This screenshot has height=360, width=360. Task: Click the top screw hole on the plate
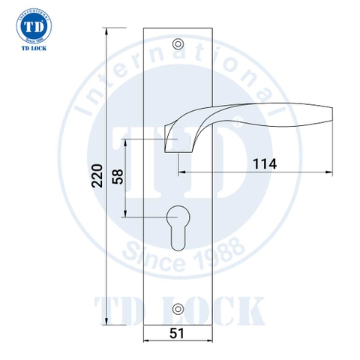[x=178, y=44]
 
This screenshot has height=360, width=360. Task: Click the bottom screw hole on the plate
[x=178, y=308]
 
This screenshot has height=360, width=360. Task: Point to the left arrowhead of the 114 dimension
[x=182, y=172]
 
